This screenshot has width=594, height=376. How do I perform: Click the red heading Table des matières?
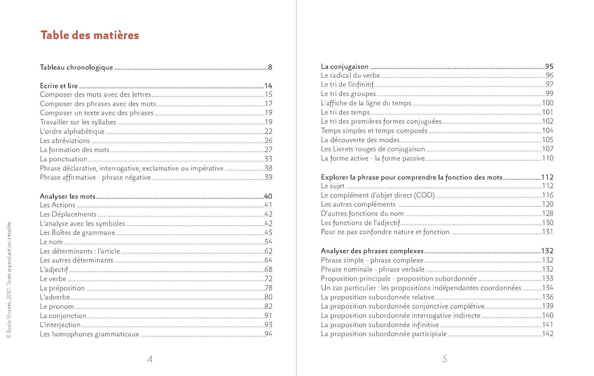click(x=90, y=35)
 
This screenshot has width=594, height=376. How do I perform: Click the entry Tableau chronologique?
click(x=76, y=67)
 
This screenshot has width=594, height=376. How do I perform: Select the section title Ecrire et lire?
click(x=59, y=86)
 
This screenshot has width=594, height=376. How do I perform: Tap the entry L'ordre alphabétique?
click(x=72, y=131)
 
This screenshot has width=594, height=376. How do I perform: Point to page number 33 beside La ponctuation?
click(x=268, y=159)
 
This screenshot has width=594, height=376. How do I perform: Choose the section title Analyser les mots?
click(x=67, y=196)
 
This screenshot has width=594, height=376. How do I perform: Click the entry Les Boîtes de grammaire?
click(x=77, y=233)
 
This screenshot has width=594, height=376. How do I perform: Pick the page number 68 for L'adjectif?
click(x=268, y=270)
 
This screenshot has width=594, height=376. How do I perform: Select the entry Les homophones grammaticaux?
click(x=89, y=334)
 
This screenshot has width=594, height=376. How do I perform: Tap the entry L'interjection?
click(x=60, y=325)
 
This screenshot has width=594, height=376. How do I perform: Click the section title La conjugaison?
click(x=344, y=67)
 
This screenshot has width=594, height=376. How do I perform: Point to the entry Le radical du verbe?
click(x=350, y=76)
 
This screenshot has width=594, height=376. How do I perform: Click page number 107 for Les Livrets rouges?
click(x=548, y=149)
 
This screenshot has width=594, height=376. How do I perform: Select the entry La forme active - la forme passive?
click(x=373, y=158)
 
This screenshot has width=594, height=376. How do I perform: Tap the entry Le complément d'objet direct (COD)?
click(x=378, y=195)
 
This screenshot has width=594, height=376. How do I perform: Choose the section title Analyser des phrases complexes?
click(x=372, y=251)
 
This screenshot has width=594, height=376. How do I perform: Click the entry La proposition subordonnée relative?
click(x=377, y=297)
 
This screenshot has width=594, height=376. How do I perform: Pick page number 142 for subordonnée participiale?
click(x=548, y=334)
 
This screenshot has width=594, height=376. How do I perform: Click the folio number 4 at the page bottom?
click(x=150, y=360)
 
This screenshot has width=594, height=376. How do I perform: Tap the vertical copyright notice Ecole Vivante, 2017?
click(x=9, y=279)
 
